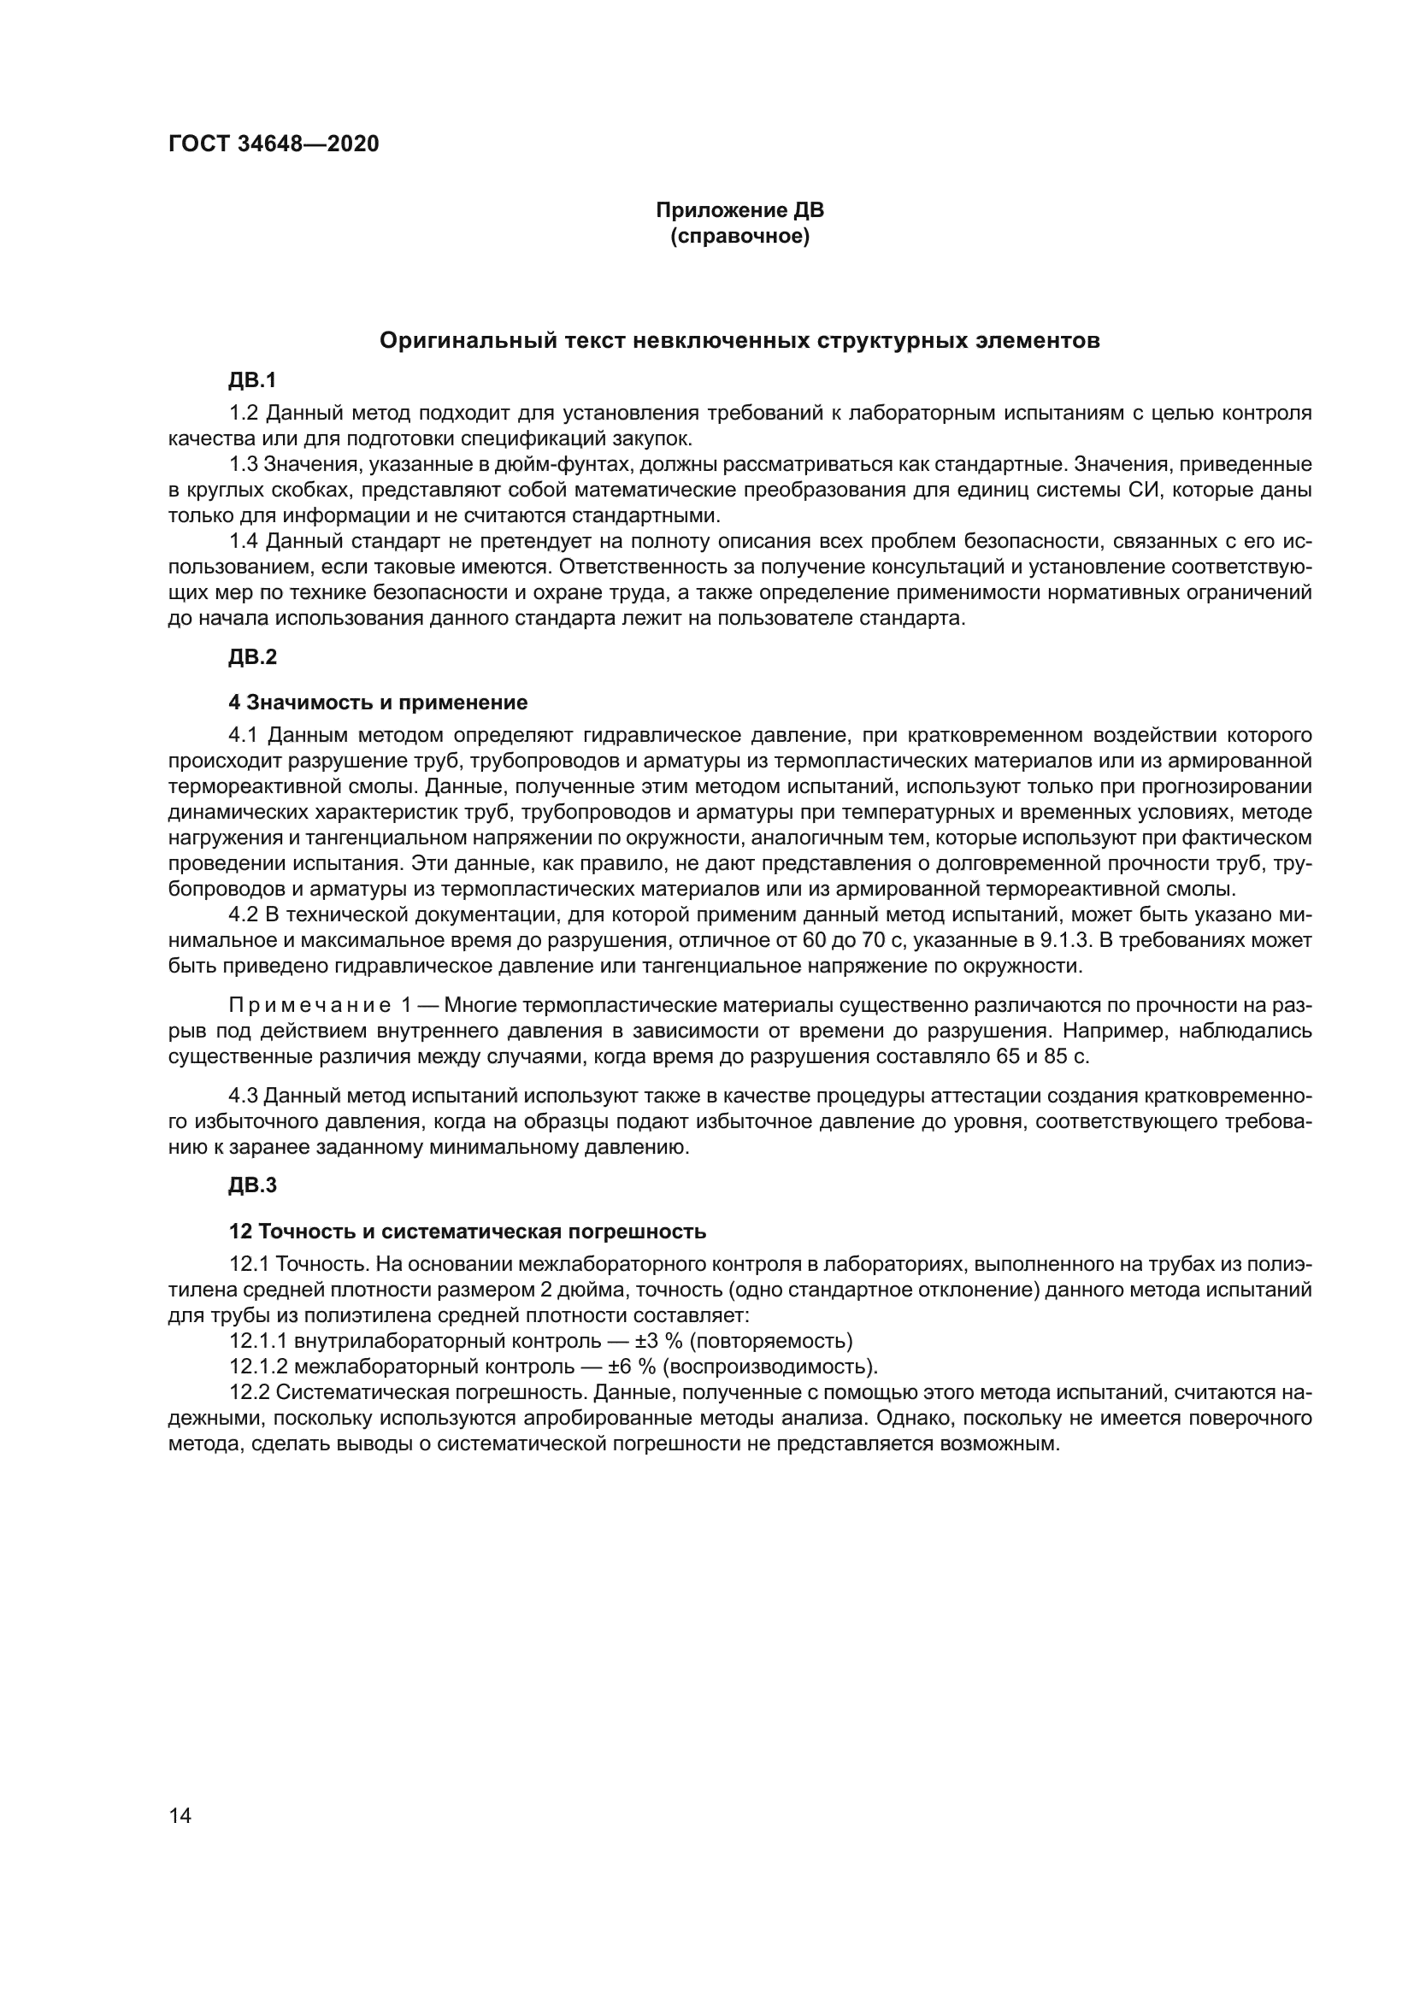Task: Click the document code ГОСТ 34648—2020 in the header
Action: (x=274, y=144)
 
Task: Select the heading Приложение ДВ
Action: (x=739, y=211)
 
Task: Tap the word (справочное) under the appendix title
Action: (x=739, y=237)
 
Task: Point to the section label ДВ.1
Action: (x=252, y=380)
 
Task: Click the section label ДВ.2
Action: (x=252, y=657)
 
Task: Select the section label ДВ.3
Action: (x=252, y=1185)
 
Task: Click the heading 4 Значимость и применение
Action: (x=378, y=703)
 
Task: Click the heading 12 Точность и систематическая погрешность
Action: (x=467, y=1232)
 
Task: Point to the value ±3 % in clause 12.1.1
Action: (x=657, y=1342)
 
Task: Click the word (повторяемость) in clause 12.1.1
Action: (x=771, y=1342)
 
